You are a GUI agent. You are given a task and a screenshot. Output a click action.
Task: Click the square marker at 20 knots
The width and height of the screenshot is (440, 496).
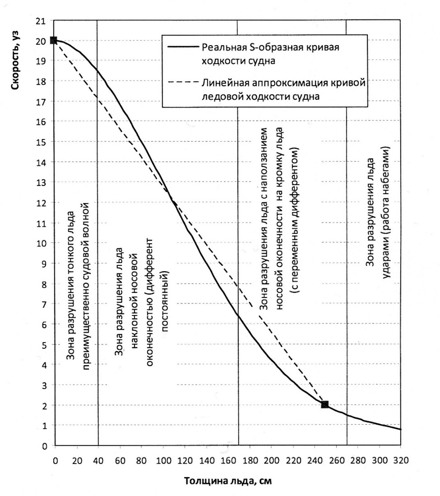[54, 40]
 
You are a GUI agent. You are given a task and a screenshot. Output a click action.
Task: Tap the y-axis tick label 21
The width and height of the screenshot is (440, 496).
[41, 21]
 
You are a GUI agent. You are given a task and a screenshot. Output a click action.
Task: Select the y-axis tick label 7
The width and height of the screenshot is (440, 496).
[44, 304]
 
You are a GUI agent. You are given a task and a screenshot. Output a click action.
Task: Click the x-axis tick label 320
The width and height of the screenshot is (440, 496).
[400, 460]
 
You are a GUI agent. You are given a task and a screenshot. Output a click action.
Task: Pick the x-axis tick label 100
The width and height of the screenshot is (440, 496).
[164, 460]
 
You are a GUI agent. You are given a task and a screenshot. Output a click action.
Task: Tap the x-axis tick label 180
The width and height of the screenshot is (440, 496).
[250, 460]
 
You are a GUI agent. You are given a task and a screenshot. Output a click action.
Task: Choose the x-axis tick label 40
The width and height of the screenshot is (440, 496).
[98, 460]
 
